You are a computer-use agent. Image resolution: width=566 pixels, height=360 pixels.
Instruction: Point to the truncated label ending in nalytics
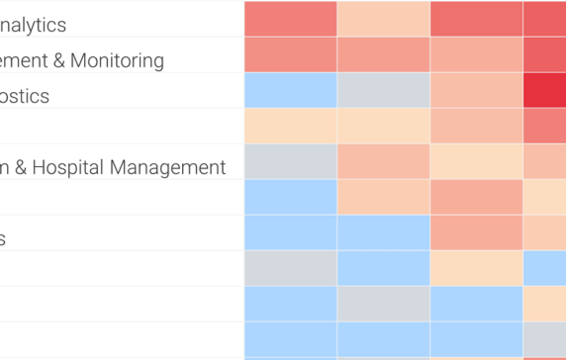[x=34, y=25]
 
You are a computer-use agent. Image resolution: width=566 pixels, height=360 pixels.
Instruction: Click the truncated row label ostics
[x=25, y=96]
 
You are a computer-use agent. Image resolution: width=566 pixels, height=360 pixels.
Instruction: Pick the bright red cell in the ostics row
[x=544, y=90]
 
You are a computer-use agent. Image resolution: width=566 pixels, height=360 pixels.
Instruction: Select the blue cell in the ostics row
[x=290, y=90]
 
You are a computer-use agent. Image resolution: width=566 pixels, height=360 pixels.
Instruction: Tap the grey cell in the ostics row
[x=384, y=90]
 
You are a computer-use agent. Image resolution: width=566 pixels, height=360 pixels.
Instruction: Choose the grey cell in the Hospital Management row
[x=290, y=161]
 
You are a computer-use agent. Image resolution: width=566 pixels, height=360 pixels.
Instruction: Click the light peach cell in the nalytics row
[x=384, y=19]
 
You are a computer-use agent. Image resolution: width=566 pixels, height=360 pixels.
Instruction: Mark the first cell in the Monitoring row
[x=290, y=54]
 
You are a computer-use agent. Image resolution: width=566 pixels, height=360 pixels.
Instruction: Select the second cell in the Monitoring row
[x=384, y=54]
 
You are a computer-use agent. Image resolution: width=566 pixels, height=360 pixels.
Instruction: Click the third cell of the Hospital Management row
[x=476, y=161]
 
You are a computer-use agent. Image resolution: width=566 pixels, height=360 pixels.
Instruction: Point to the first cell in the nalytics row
[x=290, y=19]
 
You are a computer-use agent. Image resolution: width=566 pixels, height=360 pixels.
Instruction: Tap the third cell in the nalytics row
[x=476, y=19]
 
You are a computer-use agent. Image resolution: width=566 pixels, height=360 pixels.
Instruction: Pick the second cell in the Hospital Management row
[x=384, y=161]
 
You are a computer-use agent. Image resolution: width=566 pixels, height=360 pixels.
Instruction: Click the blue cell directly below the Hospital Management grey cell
[x=290, y=197]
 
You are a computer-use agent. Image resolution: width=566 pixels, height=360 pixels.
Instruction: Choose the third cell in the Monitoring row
[x=476, y=54]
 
